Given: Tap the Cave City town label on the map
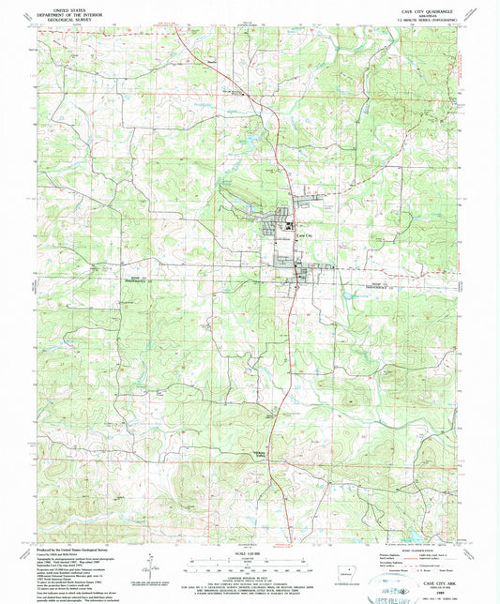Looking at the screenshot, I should click(x=302, y=235).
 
